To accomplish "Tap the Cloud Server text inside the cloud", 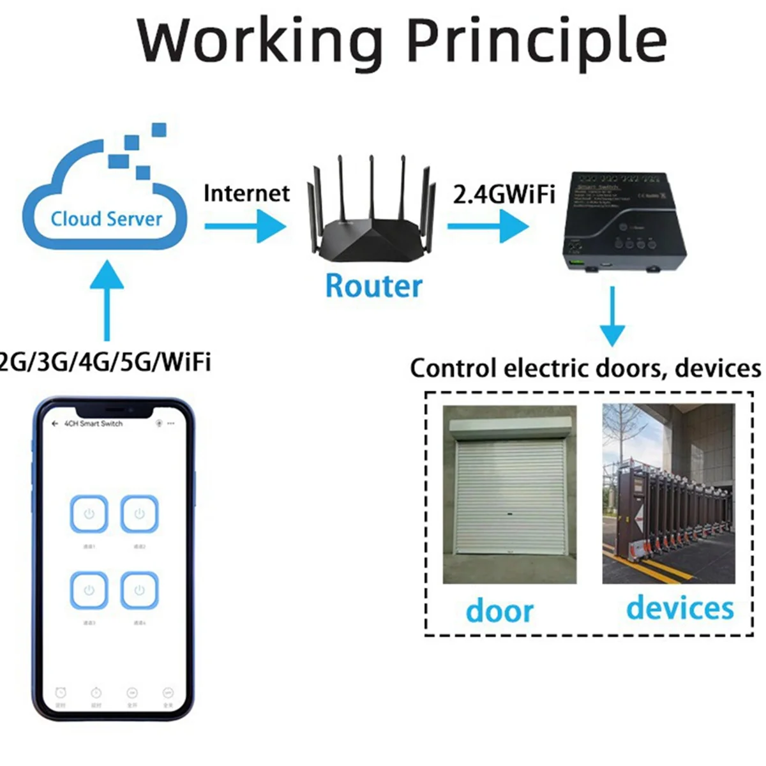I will tap(107, 219).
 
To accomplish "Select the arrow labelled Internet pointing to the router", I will tap(246, 226).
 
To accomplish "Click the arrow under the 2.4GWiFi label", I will tap(488, 226).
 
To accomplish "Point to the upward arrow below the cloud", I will tap(107, 300).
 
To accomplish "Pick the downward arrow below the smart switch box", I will tap(612, 317).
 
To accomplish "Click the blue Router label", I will tap(373, 286).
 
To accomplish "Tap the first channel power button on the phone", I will tap(89, 514).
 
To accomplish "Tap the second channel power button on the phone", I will tap(139, 514).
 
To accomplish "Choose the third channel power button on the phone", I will tap(89, 590).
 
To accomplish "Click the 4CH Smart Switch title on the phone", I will tap(93, 424).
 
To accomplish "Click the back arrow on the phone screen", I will tap(55, 424).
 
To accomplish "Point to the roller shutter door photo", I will tap(509, 495).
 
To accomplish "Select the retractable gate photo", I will tap(668, 495).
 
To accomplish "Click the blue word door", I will tap(499, 611).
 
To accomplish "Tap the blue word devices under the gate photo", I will tap(680, 608).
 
